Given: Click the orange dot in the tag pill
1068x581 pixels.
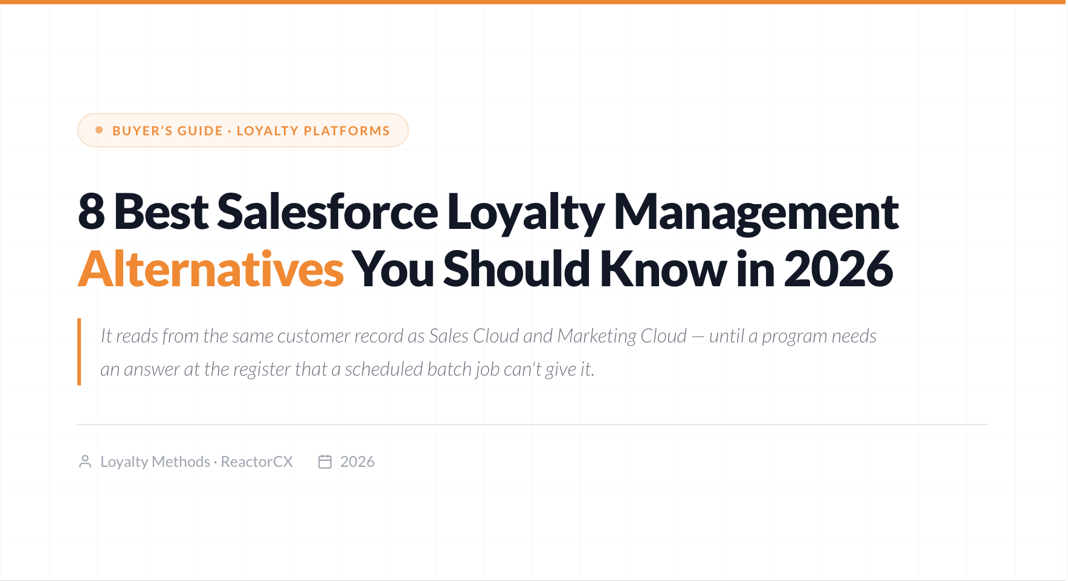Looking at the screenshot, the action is point(99,130).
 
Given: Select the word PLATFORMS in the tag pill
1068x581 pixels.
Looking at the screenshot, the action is point(347,130).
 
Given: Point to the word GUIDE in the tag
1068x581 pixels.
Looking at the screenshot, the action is point(200,130).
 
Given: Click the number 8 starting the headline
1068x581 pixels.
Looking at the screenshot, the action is point(92,211).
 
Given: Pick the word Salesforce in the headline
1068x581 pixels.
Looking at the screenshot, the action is point(327,211).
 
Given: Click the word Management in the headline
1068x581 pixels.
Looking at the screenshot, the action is point(756,213).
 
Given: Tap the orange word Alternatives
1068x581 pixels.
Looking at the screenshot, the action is point(211,269).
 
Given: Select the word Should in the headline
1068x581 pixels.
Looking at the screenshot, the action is point(516,269).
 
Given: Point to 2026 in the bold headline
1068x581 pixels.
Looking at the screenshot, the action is point(838,269).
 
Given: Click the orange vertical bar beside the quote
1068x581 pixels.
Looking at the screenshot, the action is point(79,351).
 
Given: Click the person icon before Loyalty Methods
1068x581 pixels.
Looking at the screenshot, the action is point(85,461).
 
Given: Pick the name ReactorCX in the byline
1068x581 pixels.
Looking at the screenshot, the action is point(257,461).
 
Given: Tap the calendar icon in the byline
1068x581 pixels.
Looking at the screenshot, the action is point(325,461).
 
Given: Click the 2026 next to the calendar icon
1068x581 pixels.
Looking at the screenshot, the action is point(358,461).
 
